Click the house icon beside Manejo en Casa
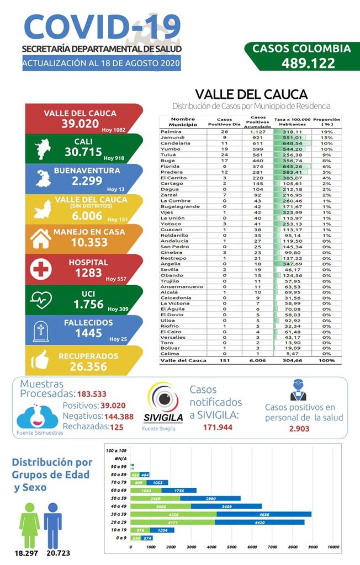(x=40, y=238)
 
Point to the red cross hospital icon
(x=40, y=268)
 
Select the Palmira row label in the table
(x=172, y=132)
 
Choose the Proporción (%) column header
(x=326, y=122)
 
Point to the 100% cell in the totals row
(x=327, y=360)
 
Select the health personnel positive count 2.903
(x=299, y=428)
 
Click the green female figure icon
(x=30, y=524)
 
